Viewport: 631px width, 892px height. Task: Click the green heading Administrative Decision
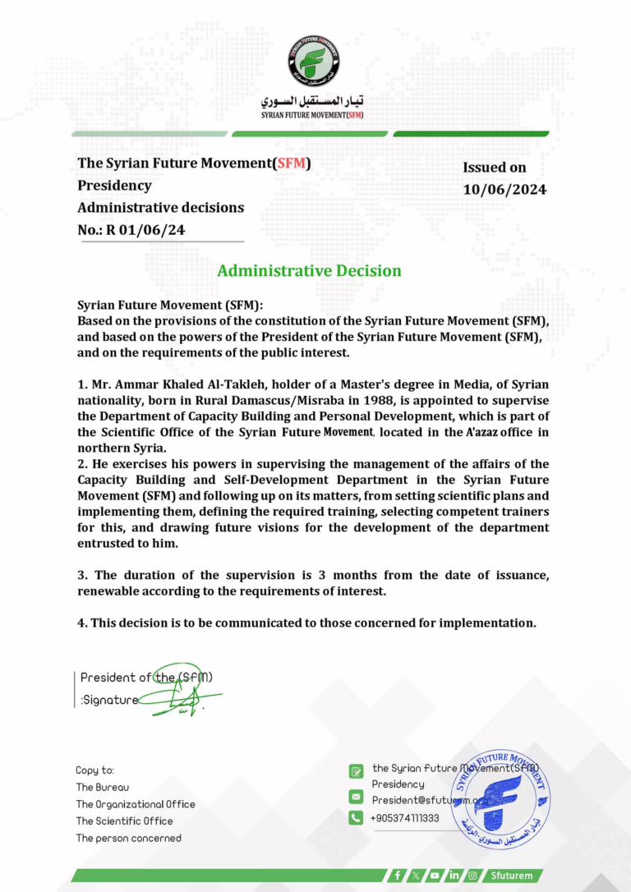309,270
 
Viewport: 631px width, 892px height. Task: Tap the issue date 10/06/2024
504,190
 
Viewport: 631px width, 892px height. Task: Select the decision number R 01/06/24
145,230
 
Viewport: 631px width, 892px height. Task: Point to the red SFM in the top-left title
292,163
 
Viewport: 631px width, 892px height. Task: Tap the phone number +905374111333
405,818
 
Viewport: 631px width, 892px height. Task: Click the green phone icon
356,818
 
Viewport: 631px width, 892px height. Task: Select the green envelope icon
356,797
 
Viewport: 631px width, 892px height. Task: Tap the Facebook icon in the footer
398,876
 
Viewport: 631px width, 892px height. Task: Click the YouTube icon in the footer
435,876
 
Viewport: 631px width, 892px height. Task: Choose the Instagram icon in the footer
472,876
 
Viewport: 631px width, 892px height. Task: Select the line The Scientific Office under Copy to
124,821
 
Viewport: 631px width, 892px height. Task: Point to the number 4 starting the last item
81,623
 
